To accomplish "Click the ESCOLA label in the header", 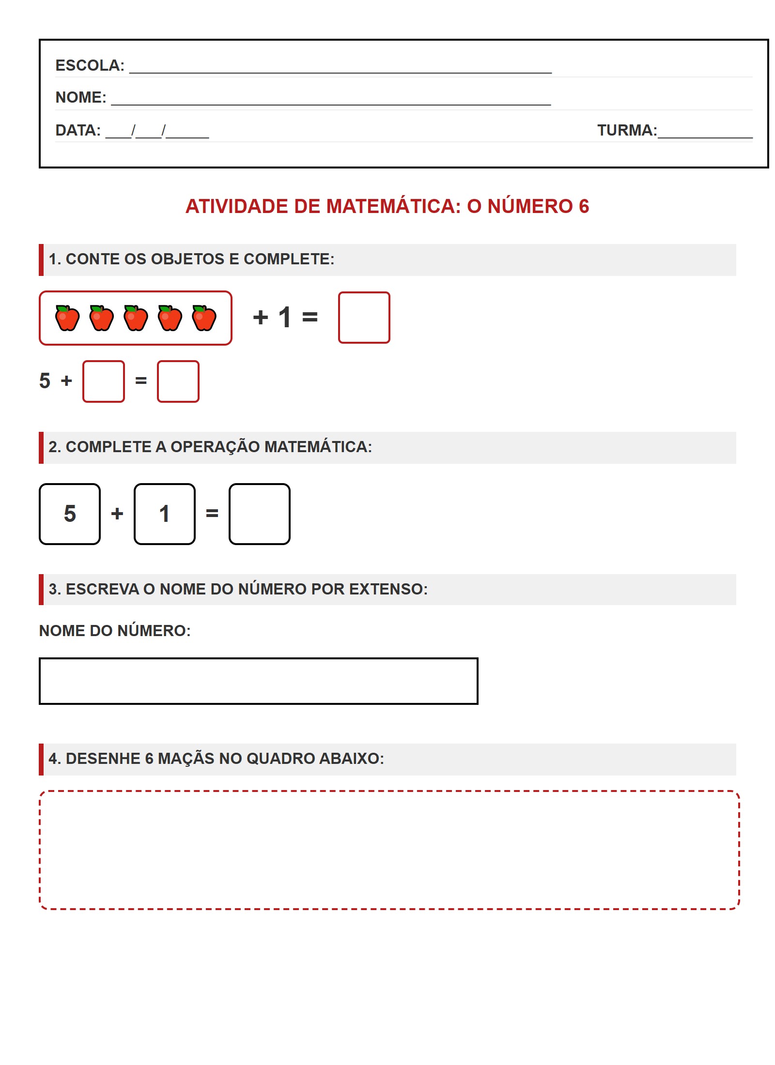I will point(90,65).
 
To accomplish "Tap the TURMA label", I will point(626,130).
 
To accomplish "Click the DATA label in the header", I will point(78,130).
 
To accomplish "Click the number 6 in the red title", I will point(584,206).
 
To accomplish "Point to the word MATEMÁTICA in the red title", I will point(393,206).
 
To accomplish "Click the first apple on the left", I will point(67,318).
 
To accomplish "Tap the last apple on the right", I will point(204,318).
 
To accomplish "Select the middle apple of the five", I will point(136,318).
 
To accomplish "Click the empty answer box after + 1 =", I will point(364,318).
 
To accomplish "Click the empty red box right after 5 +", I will point(104,381).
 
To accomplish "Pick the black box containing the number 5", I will point(70,514).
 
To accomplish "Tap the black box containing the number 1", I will point(165,514).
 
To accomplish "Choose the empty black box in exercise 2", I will point(260,514).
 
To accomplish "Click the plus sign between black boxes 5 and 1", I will point(117,514).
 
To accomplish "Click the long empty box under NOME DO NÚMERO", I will point(258,681).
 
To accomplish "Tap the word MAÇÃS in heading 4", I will point(186,759).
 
